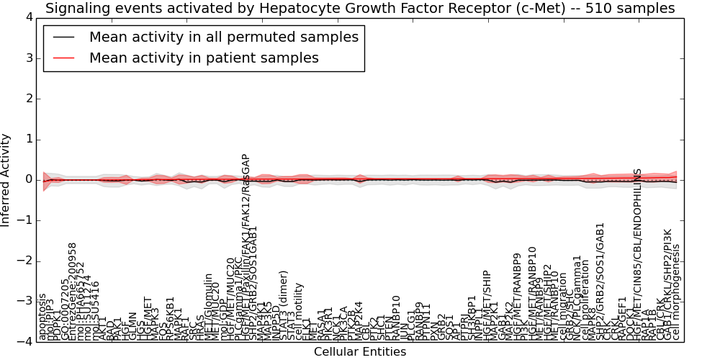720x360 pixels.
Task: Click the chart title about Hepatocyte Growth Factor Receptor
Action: click(360, 9)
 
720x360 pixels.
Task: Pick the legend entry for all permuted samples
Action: click(223, 37)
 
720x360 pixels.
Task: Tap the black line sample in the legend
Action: click(63, 37)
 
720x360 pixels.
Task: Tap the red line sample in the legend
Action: click(63, 58)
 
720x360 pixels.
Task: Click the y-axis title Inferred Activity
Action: click(6, 179)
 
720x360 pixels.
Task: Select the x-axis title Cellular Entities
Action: click(359, 352)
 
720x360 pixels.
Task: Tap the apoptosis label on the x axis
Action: click(42, 317)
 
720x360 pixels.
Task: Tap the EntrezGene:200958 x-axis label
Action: click(72, 291)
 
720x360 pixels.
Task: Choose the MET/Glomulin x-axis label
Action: click(208, 306)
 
